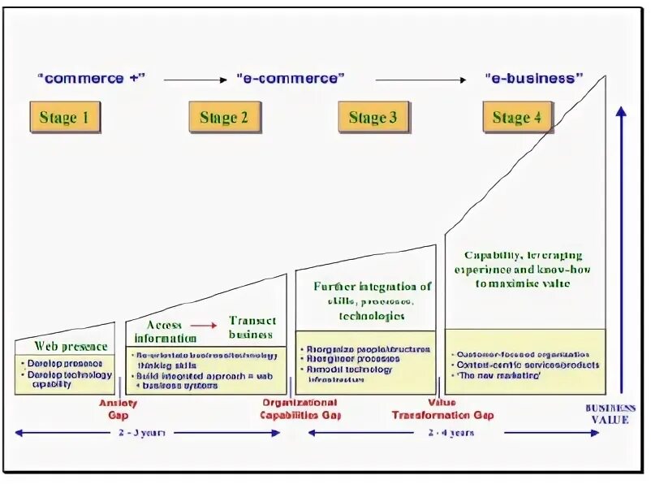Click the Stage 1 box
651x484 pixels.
[65, 118]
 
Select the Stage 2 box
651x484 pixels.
[224, 118]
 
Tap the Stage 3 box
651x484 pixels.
[373, 118]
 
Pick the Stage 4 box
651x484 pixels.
[517, 118]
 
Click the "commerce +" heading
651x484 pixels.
[90, 79]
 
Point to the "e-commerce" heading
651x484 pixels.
[291, 79]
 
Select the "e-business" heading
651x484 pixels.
[533, 79]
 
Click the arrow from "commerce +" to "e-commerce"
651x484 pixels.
[196, 80]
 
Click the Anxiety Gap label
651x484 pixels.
[119, 408]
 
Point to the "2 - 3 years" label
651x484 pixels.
[147, 433]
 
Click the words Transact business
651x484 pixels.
[252, 327]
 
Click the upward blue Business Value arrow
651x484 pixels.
[622, 244]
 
